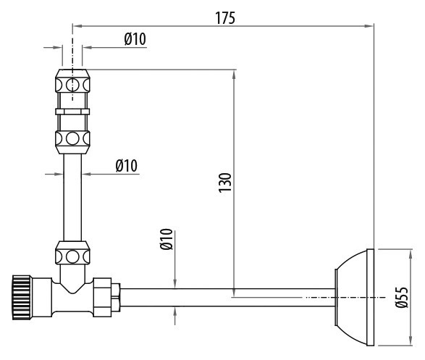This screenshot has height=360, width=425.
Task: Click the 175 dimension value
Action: click(225, 18)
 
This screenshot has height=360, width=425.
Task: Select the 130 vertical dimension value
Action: click(225, 183)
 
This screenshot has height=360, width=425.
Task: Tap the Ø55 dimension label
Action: click(402, 298)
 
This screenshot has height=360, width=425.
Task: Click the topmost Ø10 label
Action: click(135, 39)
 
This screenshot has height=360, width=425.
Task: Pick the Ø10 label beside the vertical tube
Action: click(126, 166)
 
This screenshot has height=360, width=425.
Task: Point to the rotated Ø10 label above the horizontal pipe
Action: click(166, 239)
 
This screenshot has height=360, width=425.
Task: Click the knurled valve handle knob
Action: click(22, 298)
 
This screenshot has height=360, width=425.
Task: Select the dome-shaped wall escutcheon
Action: click(355, 298)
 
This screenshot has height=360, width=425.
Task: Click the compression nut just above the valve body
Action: click(72, 253)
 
